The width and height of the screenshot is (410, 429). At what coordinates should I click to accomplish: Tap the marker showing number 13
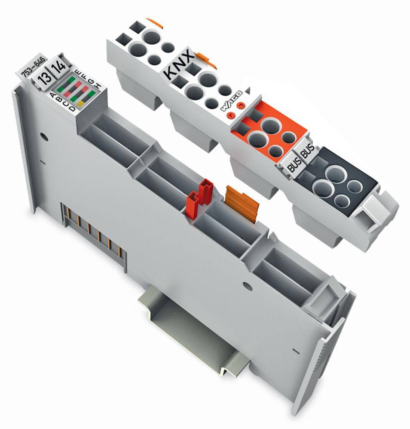point(43,79)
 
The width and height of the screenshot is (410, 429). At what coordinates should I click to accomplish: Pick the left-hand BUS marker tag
point(294,161)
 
